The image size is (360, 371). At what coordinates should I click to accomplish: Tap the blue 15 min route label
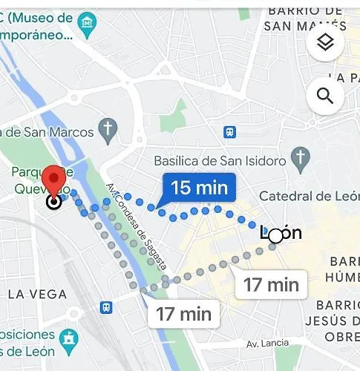(x=199, y=188)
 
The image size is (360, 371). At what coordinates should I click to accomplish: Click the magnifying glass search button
(x=325, y=96)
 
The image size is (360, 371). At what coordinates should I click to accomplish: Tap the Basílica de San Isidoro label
(x=220, y=160)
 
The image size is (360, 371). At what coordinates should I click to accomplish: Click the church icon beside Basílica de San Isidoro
(x=301, y=157)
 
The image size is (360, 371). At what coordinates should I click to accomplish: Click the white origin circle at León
(x=276, y=235)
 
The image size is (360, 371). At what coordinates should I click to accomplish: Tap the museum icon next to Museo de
(x=88, y=23)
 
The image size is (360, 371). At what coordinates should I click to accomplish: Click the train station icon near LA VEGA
(x=108, y=306)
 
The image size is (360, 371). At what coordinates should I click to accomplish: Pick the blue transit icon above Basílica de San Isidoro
(x=230, y=132)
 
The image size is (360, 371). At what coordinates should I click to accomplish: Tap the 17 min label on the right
(x=271, y=283)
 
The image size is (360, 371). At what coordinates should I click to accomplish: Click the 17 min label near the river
(x=184, y=314)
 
